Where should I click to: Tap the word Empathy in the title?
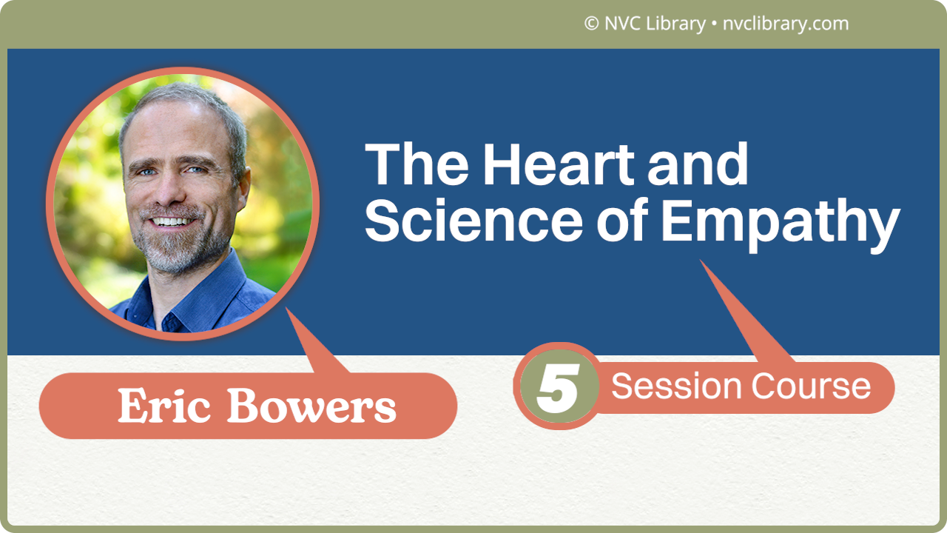(x=779, y=222)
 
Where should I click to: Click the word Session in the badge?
(x=676, y=386)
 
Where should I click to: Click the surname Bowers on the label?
(x=311, y=406)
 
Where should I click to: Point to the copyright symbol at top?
(x=591, y=24)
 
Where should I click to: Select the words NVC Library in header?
(x=655, y=24)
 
